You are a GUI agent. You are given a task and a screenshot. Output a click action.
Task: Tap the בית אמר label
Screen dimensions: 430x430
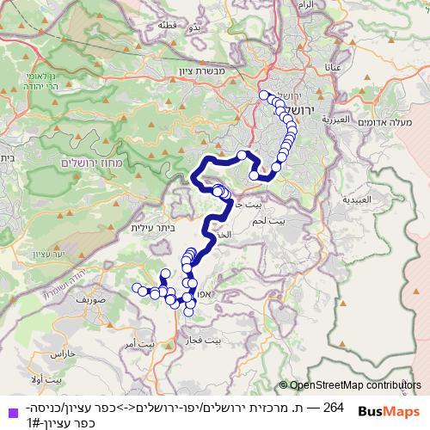click(x=140, y=344)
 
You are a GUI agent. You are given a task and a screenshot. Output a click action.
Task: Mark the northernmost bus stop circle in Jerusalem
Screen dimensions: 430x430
click(x=263, y=95)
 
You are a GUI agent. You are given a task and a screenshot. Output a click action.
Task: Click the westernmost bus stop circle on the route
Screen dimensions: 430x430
click(x=135, y=287)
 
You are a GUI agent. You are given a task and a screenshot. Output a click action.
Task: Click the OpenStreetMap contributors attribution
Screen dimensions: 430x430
click(x=350, y=386)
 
